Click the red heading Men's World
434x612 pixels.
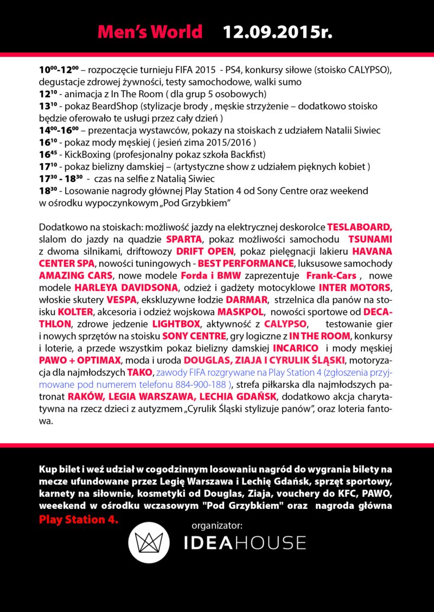tap(150, 31)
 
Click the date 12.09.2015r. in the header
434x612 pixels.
tap(277, 31)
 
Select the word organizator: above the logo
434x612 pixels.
tap(216, 525)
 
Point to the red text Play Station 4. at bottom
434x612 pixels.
tap(78, 519)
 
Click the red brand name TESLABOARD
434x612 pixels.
tap(359, 228)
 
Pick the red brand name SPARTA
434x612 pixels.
tap(184, 239)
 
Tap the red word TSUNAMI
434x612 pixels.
tap(370, 239)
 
